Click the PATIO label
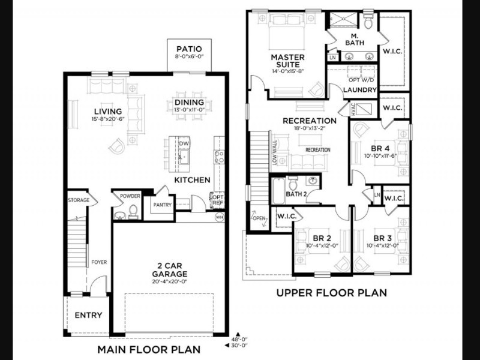pyautogui.click(x=189, y=49)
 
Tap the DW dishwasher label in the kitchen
pyautogui.click(x=184, y=143)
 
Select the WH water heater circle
pyautogui.click(x=219, y=217)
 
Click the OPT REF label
pyautogui.click(x=218, y=200)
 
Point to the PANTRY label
pyautogui.click(x=162, y=205)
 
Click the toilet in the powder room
pyautogui.click(x=133, y=212)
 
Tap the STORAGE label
pyautogui.click(x=79, y=200)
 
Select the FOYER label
pyautogui.click(x=99, y=262)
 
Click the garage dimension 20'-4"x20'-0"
pyautogui.click(x=170, y=281)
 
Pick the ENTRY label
pyautogui.click(x=88, y=315)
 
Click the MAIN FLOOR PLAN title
pyautogui.click(x=149, y=349)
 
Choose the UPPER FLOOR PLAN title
pyautogui.click(x=332, y=293)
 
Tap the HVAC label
pyautogui.click(x=353, y=109)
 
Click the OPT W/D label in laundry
pyautogui.click(x=361, y=80)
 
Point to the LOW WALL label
pyautogui.click(x=275, y=153)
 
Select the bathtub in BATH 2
pyautogui.click(x=278, y=190)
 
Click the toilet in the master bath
pyautogui.click(x=368, y=22)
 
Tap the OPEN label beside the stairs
pyautogui.click(x=259, y=218)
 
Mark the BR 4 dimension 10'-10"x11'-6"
pyautogui.click(x=380, y=155)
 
